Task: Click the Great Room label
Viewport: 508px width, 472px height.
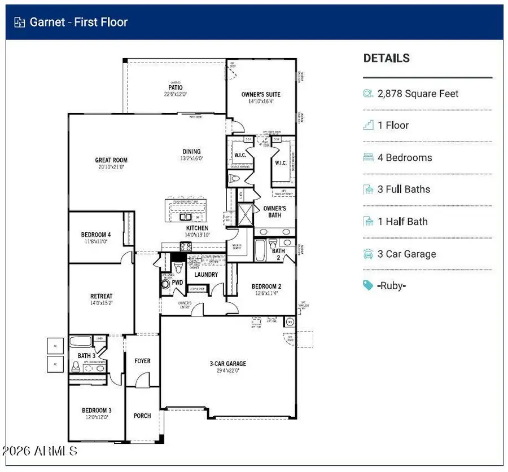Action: [111, 160]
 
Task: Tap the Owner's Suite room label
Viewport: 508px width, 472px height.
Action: [261, 95]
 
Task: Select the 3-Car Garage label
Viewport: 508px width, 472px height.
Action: [228, 364]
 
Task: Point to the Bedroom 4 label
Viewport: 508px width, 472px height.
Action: [96, 235]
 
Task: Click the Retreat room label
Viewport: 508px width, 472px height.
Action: [102, 296]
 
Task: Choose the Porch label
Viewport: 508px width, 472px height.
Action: [142, 416]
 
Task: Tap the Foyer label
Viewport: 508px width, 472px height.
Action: [142, 361]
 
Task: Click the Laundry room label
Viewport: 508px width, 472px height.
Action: [206, 275]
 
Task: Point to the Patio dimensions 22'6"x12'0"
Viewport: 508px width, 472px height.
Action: [175, 94]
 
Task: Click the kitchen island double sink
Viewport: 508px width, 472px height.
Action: [185, 217]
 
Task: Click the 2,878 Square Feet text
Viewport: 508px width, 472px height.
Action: [418, 94]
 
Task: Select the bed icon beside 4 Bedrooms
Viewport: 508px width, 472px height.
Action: [369, 158]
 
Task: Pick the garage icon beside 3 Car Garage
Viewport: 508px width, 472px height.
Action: [369, 254]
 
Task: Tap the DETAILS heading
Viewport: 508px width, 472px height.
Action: [387, 58]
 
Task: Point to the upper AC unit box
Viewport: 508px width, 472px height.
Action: [55, 347]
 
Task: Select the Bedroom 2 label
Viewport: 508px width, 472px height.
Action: [266, 286]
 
